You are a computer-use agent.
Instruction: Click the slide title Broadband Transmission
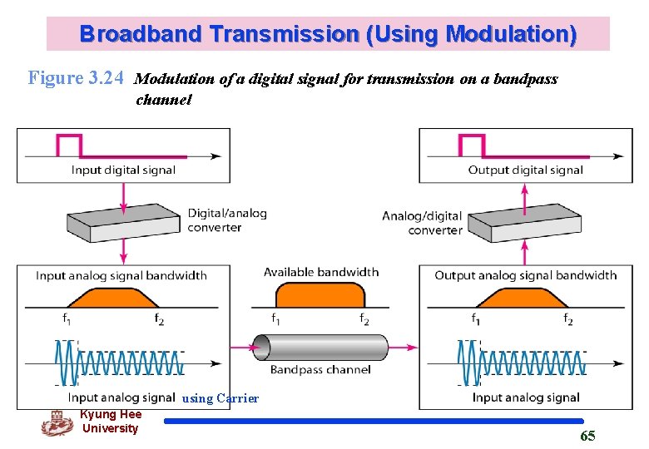[328, 34]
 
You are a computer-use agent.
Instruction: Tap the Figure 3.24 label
[77, 79]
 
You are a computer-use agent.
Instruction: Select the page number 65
[587, 436]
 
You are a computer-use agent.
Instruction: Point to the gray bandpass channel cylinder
[320, 347]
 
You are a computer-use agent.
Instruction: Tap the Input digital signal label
[123, 170]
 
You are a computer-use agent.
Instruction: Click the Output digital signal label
[525, 170]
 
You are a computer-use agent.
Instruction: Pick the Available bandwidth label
[321, 272]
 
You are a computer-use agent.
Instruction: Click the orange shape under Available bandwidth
[320, 296]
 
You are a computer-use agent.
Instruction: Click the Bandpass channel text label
[320, 369]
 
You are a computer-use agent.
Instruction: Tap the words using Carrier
[220, 398]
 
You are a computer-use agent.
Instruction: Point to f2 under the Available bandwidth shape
[364, 319]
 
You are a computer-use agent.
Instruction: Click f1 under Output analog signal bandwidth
[475, 319]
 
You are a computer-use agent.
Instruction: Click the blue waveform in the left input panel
[116, 363]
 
